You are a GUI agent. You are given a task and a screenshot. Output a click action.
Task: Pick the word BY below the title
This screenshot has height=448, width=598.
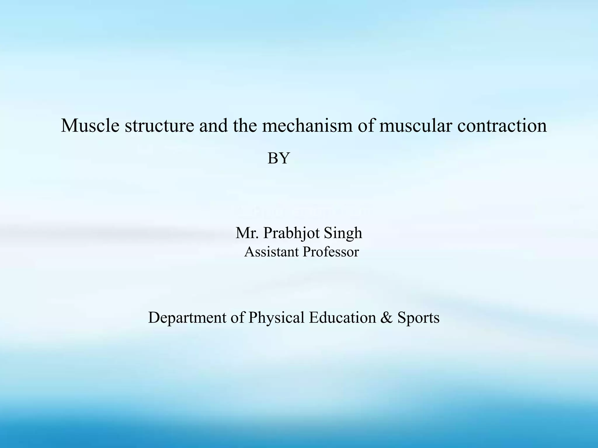279,158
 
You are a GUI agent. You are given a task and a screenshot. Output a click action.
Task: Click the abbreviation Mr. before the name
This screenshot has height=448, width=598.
247,233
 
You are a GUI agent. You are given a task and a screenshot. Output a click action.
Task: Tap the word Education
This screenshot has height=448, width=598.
343,317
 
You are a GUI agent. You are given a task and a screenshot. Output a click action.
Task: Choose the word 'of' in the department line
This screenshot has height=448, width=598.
237,317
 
